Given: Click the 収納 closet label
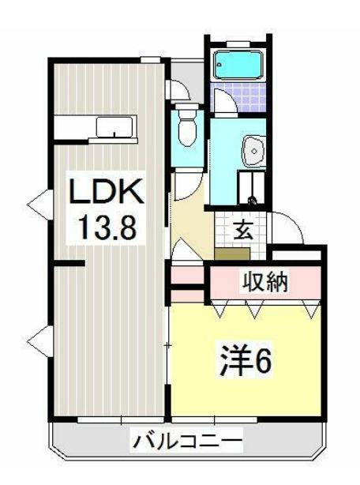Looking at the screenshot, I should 264,280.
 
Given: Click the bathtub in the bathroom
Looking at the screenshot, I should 240,62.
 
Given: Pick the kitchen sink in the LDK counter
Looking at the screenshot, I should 114,126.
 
